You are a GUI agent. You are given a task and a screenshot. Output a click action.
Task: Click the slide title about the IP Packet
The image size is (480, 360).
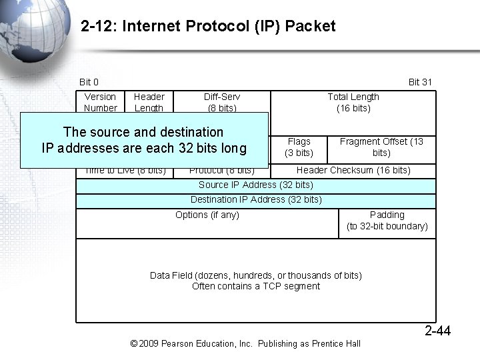coord(208,27)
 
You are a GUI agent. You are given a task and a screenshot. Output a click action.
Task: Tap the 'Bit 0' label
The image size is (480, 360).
coord(89,82)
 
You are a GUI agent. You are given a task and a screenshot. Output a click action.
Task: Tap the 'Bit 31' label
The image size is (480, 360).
coord(420,82)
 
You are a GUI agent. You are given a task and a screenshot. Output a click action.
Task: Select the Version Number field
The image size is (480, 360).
coord(101,102)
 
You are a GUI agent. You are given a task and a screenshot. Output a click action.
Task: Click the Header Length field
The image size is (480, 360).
coord(149,102)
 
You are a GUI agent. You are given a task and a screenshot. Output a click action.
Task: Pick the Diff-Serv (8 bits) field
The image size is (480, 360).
coord(222,102)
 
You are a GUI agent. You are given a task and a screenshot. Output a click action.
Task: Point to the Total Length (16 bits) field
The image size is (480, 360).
coord(353,102)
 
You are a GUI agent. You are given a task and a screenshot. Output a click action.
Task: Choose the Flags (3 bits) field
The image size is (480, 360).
coord(299,147)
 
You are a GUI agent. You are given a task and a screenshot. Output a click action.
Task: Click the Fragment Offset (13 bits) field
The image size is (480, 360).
coord(381,147)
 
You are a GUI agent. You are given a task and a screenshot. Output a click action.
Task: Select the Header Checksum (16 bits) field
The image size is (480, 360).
coord(353,171)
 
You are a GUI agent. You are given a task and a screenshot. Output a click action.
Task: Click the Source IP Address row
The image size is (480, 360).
coord(256,185)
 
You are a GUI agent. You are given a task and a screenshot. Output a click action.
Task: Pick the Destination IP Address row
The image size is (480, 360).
coord(256,200)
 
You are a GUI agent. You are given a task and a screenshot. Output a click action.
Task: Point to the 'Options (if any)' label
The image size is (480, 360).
coord(207,215)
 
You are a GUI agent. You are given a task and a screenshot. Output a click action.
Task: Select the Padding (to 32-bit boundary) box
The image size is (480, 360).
coord(387,221)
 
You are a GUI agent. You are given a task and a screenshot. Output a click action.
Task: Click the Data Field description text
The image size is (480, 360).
coord(256,281)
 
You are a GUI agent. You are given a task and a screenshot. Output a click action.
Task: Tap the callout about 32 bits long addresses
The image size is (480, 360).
coord(144,140)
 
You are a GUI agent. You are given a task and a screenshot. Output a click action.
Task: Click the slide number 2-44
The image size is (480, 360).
coord(438,331)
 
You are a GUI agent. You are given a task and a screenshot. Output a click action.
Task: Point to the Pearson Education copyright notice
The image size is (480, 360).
coord(245,343)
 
